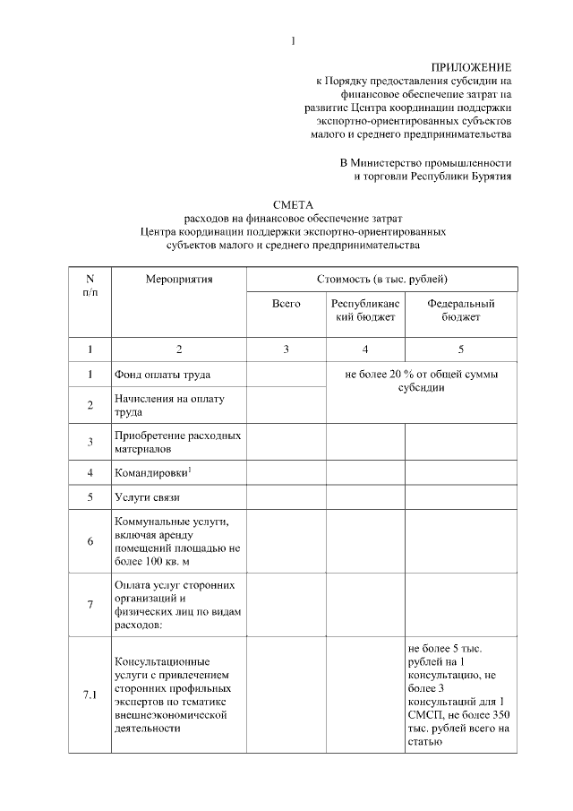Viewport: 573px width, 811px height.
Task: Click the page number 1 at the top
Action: click(293, 40)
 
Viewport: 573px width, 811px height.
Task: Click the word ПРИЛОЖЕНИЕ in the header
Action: click(471, 67)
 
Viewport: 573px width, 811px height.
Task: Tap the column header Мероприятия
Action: click(178, 280)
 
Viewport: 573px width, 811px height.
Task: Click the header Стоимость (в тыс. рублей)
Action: click(381, 280)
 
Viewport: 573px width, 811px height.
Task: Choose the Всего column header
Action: click(286, 304)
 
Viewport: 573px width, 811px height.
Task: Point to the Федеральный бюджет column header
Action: click(460, 310)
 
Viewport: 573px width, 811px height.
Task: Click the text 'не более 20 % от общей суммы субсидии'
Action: click(421, 381)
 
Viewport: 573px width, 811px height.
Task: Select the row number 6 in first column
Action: click(90, 540)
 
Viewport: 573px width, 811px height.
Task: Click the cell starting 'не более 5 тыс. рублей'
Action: click(460, 694)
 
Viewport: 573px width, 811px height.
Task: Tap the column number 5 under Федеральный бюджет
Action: click(460, 349)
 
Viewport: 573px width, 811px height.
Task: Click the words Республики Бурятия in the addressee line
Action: click(461, 177)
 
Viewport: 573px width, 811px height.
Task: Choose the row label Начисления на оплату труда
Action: click(168, 404)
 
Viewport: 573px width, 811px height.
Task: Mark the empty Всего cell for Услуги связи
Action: click(286, 496)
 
